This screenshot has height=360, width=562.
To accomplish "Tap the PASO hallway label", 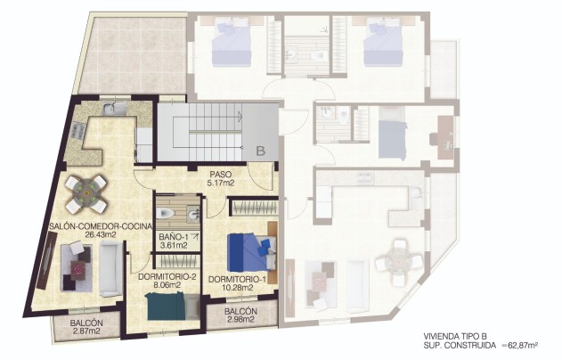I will (221, 175).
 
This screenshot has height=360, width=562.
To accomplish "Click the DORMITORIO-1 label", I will (237, 280).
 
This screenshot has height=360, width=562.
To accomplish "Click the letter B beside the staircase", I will (261, 151).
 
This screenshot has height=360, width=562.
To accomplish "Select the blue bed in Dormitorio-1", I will (245, 251).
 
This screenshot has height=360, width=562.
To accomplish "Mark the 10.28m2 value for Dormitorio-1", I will (237, 289).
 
